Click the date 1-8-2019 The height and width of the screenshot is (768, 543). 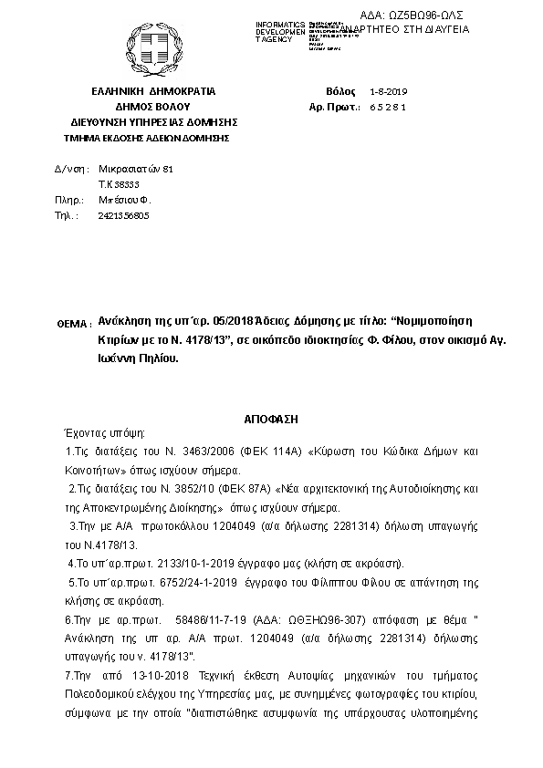coord(390,93)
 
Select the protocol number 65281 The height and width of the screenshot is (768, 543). coord(389,109)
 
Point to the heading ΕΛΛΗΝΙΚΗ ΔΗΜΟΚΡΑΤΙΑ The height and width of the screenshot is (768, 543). coord(152,92)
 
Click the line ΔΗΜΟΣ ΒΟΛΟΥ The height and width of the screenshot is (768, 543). coord(152,107)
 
